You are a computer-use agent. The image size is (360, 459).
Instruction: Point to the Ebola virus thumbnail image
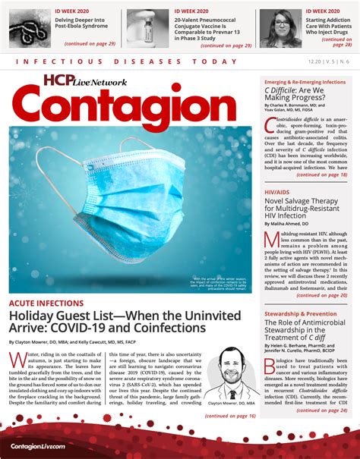click(x=31, y=27)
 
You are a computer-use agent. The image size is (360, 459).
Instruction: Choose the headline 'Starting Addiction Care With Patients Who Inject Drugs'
click(x=327, y=27)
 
